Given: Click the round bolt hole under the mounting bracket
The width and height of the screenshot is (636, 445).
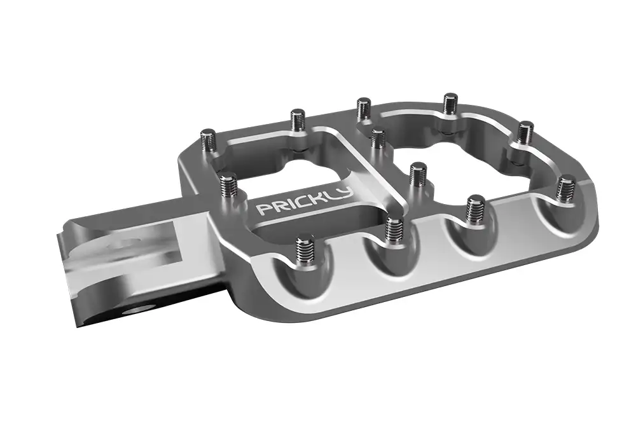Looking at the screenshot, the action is pyautogui.click(x=138, y=311).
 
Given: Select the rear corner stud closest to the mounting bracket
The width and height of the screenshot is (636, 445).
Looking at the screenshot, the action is pyautogui.click(x=210, y=139).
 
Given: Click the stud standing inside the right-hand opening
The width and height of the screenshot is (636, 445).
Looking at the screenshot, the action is pyautogui.click(x=418, y=174).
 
